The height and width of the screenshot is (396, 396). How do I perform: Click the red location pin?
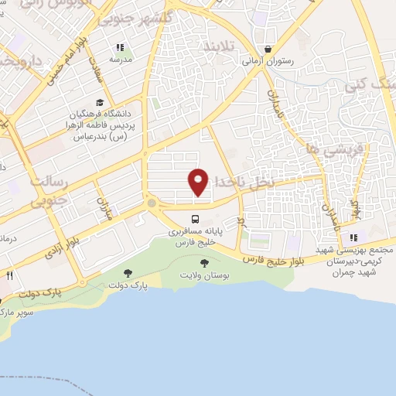point(199,181)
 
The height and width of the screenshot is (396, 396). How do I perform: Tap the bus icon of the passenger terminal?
point(196,219)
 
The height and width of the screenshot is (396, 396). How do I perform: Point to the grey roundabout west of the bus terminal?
point(152,203)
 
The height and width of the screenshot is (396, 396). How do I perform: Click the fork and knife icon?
point(9,275)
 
